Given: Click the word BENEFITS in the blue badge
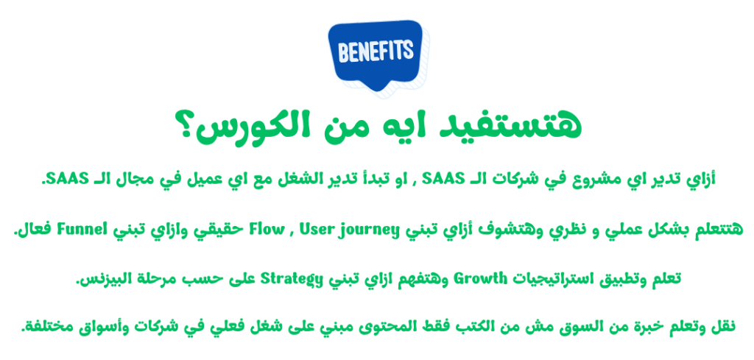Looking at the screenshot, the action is (376, 51).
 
